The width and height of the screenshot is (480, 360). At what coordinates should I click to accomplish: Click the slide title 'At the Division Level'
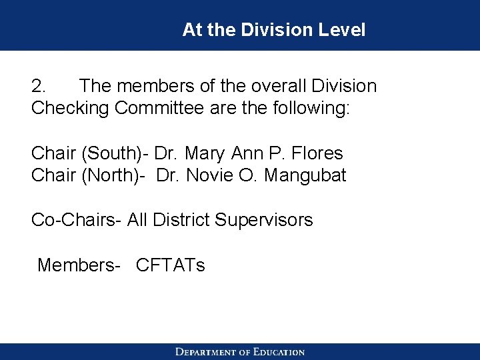tap(273, 30)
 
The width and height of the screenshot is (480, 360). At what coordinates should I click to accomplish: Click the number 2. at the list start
tap(39, 87)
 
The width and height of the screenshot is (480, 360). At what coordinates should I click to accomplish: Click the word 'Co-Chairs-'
tap(76, 220)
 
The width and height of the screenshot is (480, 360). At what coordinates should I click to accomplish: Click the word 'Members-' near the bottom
tap(79, 265)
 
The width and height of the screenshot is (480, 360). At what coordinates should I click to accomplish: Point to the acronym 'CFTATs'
tap(170, 265)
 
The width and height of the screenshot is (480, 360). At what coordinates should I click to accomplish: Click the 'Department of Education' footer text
tap(240, 352)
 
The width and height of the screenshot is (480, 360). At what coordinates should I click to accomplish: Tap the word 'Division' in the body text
tap(340, 87)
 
